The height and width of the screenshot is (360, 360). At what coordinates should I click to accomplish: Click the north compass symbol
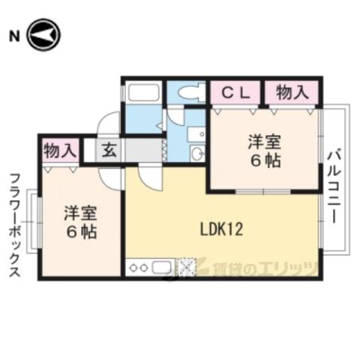(x=44, y=34)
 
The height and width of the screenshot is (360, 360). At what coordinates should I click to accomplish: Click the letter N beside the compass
(x=14, y=36)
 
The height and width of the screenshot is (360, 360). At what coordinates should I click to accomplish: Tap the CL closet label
(x=236, y=93)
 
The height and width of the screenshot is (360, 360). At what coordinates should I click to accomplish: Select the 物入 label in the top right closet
(x=292, y=92)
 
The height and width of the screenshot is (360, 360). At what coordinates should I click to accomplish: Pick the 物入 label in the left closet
(x=60, y=151)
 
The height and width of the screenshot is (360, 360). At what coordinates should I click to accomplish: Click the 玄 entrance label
(x=109, y=151)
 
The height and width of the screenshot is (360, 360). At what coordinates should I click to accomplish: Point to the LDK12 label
(x=221, y=229)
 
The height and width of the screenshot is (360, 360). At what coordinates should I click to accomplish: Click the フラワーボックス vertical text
(x=15, y=225)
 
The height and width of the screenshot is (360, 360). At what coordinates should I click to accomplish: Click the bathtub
(x=143, y=92)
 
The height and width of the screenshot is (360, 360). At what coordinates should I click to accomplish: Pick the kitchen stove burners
(x=138, y=268)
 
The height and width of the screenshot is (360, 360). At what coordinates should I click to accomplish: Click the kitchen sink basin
(x=161, y=268)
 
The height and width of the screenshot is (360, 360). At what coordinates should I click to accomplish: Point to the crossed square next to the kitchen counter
(x=185, y=267)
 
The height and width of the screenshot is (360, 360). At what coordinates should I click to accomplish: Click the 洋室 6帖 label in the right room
(x=265, y=151)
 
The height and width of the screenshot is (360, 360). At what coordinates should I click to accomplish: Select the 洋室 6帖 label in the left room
(x=81, y=222)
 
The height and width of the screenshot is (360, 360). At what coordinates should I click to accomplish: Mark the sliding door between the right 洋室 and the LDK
(x=263, y=192)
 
